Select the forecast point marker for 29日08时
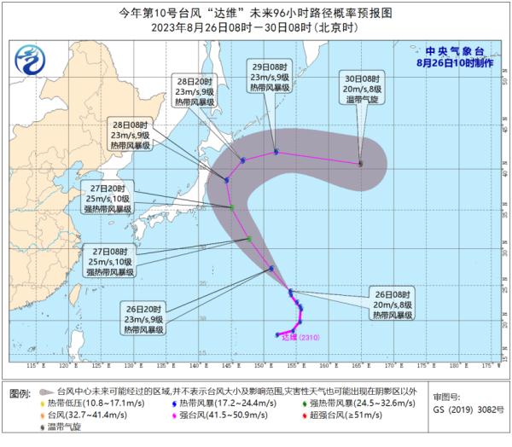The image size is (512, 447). point(276,153)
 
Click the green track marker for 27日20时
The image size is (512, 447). point(232,207)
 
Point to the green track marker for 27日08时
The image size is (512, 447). point(249,239)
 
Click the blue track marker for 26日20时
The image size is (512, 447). point(271,270)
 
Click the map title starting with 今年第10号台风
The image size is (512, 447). point(255,13)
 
